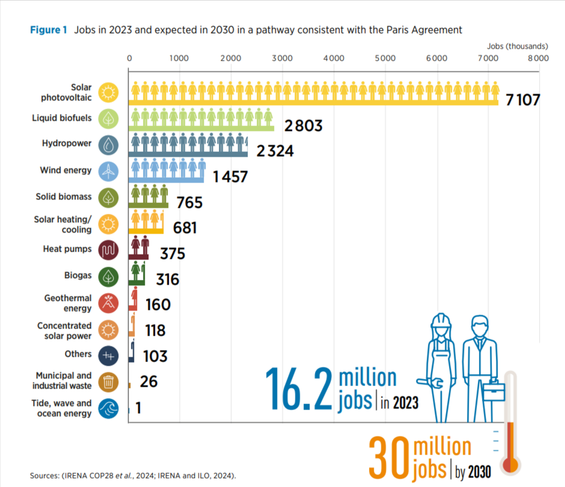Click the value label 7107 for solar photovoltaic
click(x=522, y=100)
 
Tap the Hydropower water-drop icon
click(x=109, y=145)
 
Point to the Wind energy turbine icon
click(x=109, y=171)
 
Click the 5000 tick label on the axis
click(x=385, y=58)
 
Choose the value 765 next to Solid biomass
click(x=189, y=202)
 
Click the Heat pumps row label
click(x=67, y=249)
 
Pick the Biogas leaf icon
click(x=109, y=277)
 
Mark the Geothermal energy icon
click(x=109, y=303)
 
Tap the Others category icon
click(x=109, y=355)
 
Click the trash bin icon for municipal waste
click(x=109, y=381)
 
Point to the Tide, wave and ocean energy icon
click(x=109, y=408)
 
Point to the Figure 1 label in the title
click(x=49, y=30)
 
